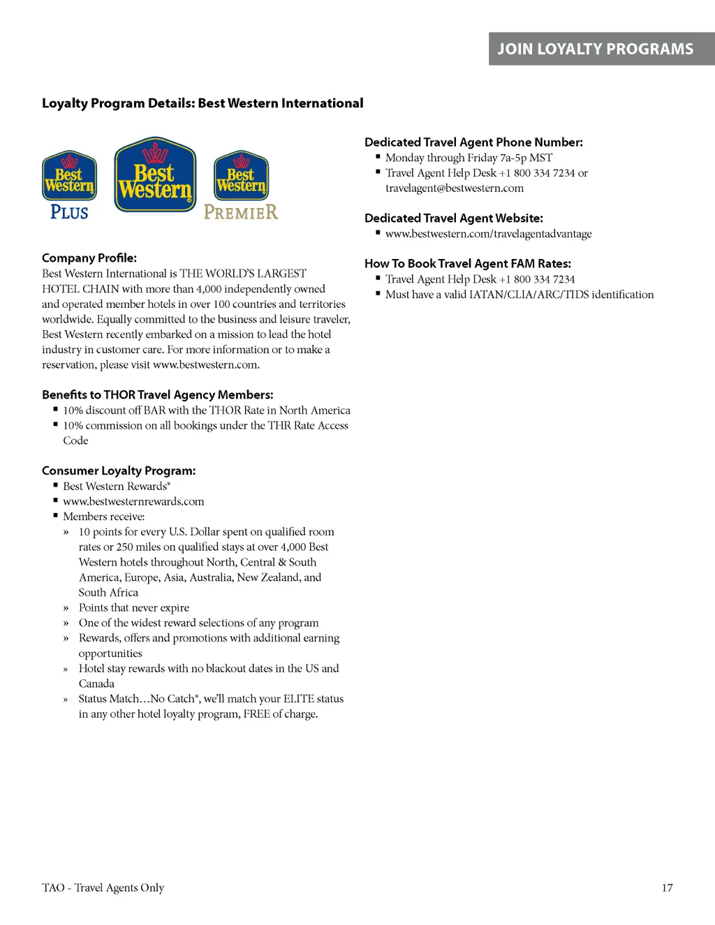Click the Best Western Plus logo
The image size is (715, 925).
69,186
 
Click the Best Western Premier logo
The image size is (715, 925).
241,186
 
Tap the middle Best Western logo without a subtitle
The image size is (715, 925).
155,175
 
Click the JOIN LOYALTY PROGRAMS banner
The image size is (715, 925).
595,49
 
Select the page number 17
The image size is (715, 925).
667,887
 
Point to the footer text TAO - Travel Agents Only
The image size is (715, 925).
103,887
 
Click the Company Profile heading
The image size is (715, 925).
89,258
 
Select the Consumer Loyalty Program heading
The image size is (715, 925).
119,471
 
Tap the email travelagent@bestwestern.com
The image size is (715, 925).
455,188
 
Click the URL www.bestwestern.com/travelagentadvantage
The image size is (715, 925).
489,234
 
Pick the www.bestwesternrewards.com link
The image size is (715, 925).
133,501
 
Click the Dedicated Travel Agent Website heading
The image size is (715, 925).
454,218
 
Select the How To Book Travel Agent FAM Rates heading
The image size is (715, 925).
468,263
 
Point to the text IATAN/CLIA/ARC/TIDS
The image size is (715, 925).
529,295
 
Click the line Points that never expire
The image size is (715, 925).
134,607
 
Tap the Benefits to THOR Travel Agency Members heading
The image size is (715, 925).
158,394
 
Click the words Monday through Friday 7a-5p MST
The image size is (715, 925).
469,158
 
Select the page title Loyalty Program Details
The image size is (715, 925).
202,103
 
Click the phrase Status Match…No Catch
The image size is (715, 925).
138,699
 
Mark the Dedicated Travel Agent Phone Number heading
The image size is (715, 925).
473,142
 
